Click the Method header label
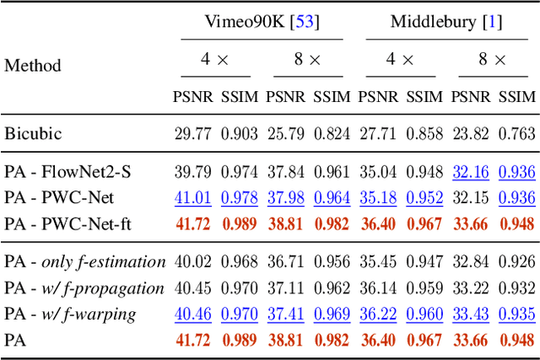click(x=33, y=65)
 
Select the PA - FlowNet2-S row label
click(x=67, y=172)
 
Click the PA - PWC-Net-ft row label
click(x=72, y=223)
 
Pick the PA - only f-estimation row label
click(x=84, y=262)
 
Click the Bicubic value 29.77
click(x=192, y=133)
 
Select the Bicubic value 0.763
click(x=516, y=133)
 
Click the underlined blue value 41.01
click(x=192, y=198)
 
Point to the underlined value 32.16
click(x=470, y=172)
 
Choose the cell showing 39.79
click(x=192, y=172)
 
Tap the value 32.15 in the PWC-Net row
click(x=470, y=198)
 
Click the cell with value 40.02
click(x=192, y=262)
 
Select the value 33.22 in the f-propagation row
click(x=470, y=288)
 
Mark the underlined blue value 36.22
click(x=378, y=314)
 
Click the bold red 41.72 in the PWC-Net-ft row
click(x=192, y=223)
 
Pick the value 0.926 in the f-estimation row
click(x=516, y=262)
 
